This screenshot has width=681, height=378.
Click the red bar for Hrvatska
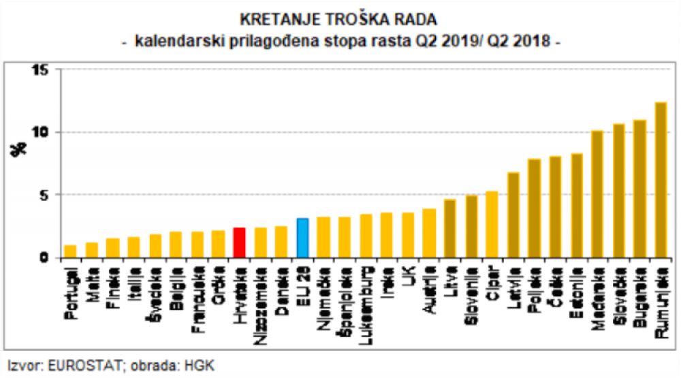tap(239, 242)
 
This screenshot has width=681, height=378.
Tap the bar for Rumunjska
tap(661, 180)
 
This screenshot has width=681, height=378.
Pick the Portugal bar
tap(70, 251)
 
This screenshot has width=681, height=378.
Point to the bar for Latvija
tap(513, 215)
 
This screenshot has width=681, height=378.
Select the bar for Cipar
tap(492, 225)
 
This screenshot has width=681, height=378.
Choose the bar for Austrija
tap(429, 233)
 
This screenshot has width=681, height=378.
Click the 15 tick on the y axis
tap(40, 70)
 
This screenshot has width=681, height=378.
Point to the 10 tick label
tap(40, 132)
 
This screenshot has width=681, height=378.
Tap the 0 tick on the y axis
tap(44, 257)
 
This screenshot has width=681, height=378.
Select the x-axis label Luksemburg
tap(366, 300)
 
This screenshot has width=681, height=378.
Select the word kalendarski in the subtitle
tap(171, 40)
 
